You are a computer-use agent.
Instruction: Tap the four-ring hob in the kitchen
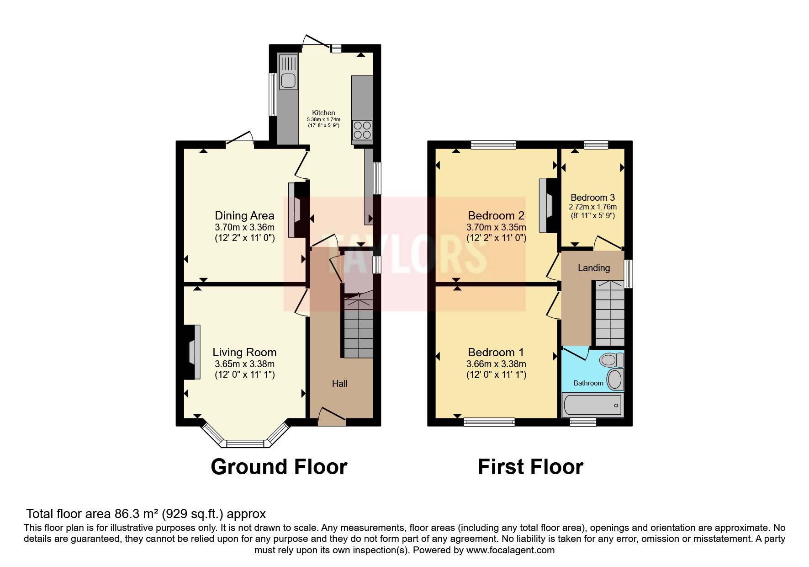pos(362,129)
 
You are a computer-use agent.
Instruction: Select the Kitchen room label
pos(323,113)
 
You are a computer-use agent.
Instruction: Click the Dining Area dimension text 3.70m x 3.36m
pos(244,227)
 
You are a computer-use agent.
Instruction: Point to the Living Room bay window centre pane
pos(245,444)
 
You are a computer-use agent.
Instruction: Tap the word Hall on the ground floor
pos(339,384)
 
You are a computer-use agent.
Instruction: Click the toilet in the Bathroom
pos(611,360)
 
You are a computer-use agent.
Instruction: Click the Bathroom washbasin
pos(614,380)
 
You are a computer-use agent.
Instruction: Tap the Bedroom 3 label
pos(592,198)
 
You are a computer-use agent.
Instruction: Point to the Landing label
pos(593,268)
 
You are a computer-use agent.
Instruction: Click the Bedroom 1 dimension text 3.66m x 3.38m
pos(496,364)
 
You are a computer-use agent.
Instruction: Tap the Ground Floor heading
pos(279,467)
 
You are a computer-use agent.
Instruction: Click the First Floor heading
pos(530,467)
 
